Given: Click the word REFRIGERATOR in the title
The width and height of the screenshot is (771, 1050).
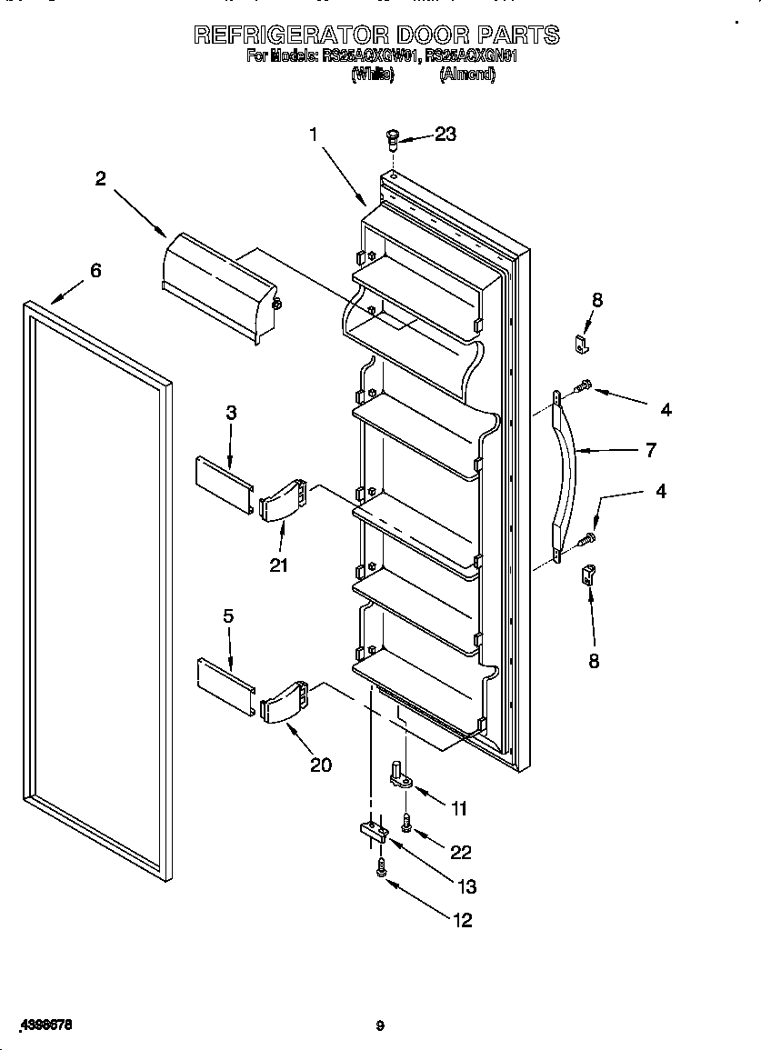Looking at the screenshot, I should click(290, 35).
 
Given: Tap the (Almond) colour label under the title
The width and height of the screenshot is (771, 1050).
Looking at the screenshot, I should click(466, 75).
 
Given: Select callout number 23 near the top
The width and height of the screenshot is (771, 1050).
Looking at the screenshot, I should click(445, 135).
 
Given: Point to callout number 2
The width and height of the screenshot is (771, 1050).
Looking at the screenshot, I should click(100, 179).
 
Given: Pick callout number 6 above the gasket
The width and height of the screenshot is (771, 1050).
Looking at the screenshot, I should click(95, 271).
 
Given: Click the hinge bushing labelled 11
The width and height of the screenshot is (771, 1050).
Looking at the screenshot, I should click(401, 774).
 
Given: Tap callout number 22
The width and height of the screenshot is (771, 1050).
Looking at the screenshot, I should click(461, 852).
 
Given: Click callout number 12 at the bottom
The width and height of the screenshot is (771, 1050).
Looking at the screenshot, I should click(462, 920).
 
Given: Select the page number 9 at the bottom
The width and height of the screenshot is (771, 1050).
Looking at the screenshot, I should click(381, 1026).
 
